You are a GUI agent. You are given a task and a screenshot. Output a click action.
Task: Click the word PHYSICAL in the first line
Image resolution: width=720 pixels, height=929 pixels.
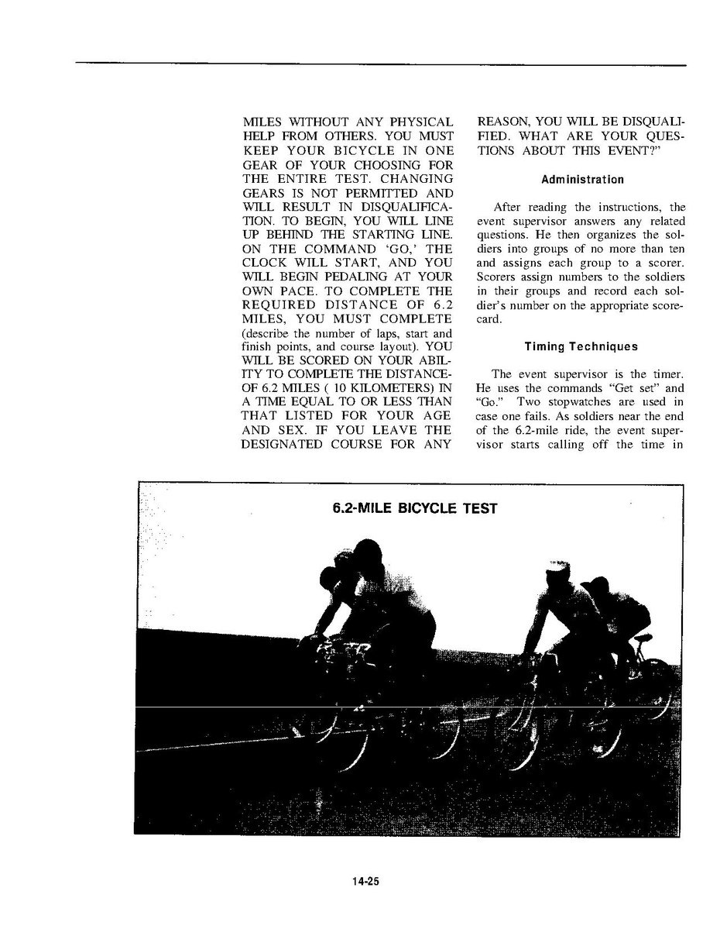click(421, 122)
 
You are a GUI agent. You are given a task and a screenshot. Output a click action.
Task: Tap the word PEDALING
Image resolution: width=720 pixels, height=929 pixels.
click(355, 277)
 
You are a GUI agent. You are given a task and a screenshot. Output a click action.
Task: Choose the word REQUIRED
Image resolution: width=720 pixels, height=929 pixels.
click(279, 305)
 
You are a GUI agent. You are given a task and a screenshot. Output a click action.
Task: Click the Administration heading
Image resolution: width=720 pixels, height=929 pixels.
click(582, 180)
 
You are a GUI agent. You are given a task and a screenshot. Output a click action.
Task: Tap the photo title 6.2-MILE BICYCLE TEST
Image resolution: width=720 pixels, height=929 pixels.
click(415, 509)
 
